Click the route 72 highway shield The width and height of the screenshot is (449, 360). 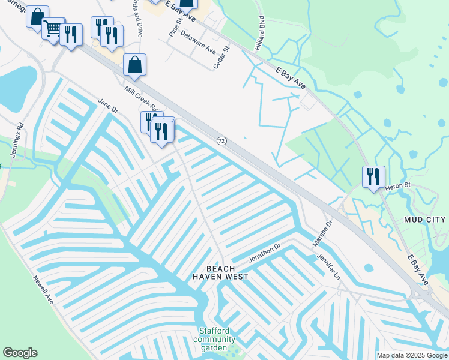point(221,140)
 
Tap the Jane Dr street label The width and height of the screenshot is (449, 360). point(108,106)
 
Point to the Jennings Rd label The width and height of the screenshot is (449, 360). point(16,140)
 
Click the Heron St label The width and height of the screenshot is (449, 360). point(398,185)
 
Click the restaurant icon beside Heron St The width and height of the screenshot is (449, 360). point(373,176)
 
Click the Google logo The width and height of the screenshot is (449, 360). point(20,353)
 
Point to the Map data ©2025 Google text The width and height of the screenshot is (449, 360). point(411,355)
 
